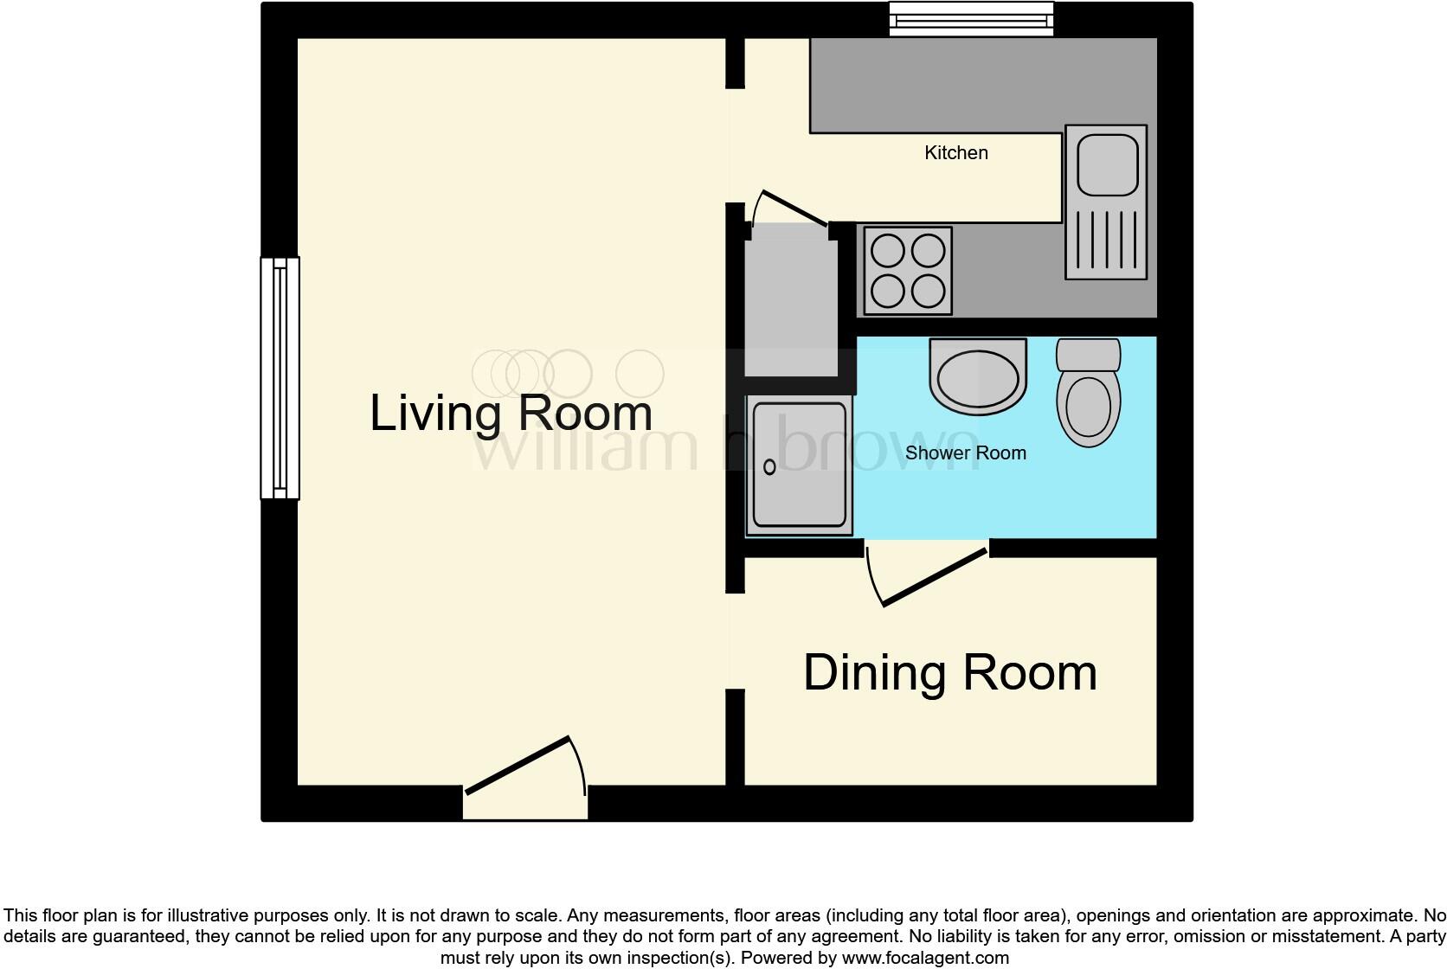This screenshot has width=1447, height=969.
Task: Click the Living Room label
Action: point(511,413)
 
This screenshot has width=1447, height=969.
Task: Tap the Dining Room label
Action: point(949,672)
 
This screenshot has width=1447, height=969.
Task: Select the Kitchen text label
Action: point(955,153)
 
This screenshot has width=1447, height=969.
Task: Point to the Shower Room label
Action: point(965,453)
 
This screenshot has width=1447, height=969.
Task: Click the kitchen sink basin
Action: point(1106,165)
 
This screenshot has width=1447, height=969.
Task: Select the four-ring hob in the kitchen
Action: point(908,271)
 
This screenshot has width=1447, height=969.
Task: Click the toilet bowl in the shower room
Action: point(1088,407)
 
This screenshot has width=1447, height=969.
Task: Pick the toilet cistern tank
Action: point(1088,355)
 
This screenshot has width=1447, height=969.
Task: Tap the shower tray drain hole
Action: point(769,467)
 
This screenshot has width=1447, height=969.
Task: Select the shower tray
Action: point(799,465)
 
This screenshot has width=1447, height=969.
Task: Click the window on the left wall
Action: point(280,378)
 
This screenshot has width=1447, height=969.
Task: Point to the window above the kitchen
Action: point(971,18)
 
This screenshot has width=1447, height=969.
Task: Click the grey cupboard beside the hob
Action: point(791,298)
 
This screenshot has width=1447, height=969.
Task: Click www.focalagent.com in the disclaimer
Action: point(925,958)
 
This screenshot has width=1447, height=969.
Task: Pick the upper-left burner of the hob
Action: point(887,252)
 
